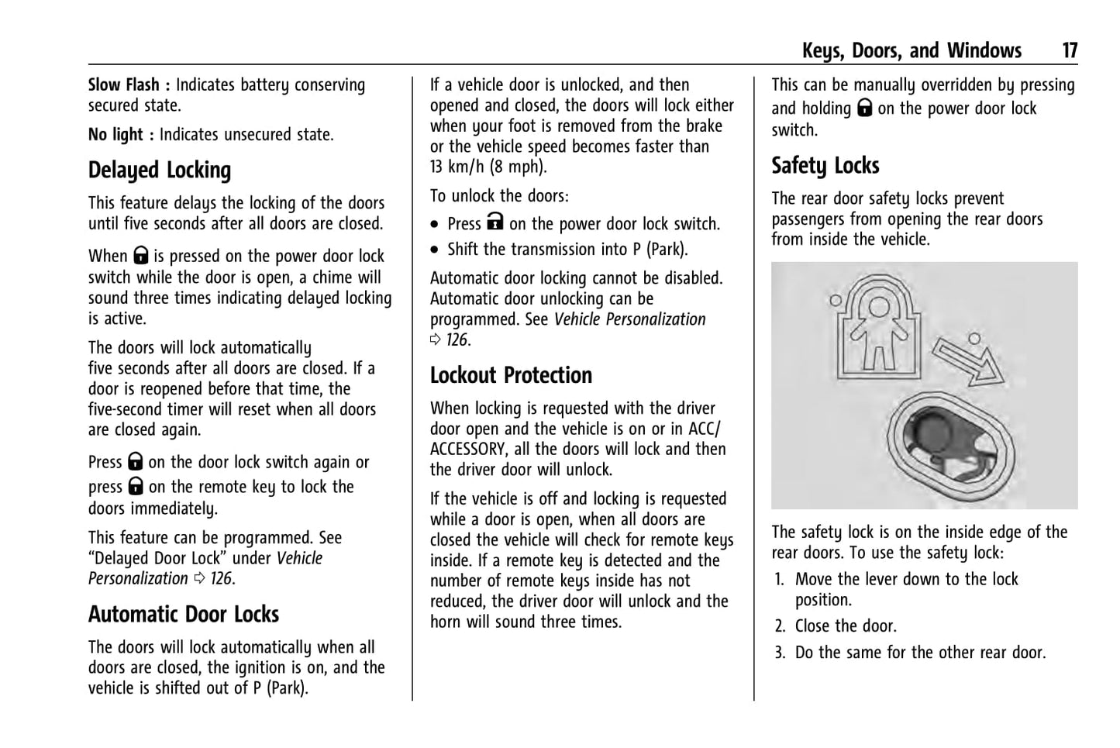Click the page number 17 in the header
click(1069, 51)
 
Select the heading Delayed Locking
click(160, 171)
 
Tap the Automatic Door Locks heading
click(184, 615)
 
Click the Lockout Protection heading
click(511, 375)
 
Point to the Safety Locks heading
click(825, 166)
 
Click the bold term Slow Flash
click(123, 85)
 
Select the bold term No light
click(115, 135)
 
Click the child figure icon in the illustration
click(877, 326)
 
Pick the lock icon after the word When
click(140, 256)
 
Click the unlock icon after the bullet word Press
click(495, 223)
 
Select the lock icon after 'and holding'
click(864, 109)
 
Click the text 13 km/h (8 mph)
click(488, 167)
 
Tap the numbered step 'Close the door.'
click(846, 626)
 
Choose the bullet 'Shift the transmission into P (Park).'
click(567, 250)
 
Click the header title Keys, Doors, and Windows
click(912, 51)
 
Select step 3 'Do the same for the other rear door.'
click(920, 653)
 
